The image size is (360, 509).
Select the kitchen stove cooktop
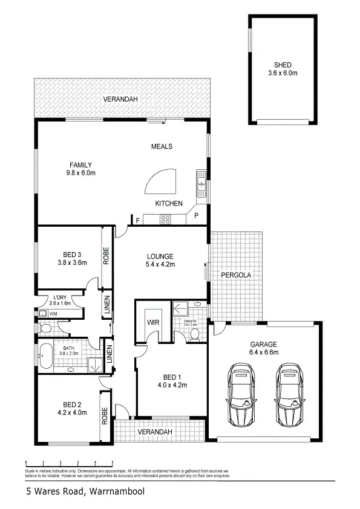tap(166, 219)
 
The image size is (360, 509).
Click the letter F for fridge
tap(138, 219)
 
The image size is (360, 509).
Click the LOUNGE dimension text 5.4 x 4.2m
tap(160, 264)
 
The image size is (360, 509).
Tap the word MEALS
tap(162, 146)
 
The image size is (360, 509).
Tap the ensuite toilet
tap(192, 334)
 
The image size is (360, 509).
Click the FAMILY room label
tap(80, 164)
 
